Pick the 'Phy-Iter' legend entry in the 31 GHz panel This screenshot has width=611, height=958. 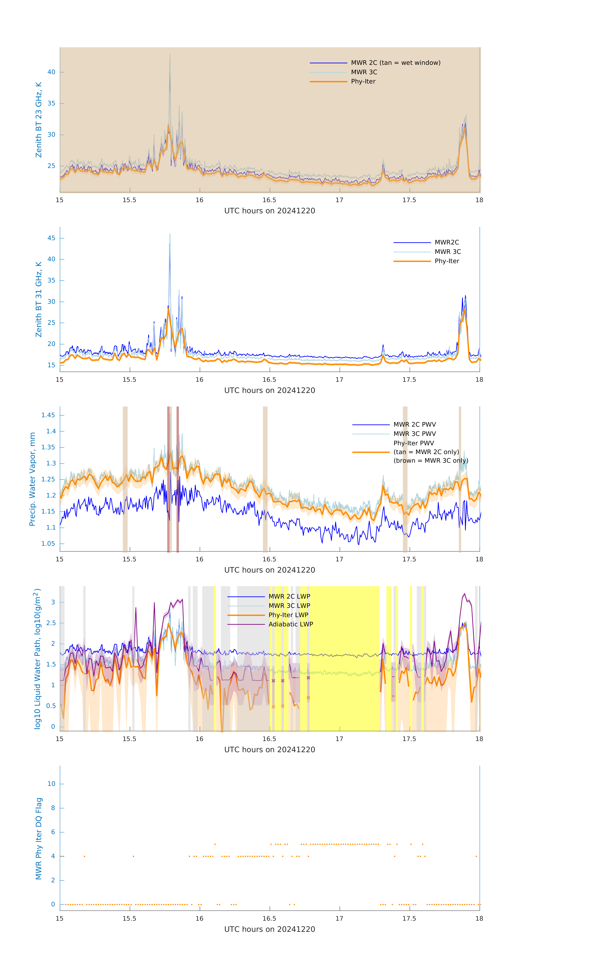(x=447, y=261)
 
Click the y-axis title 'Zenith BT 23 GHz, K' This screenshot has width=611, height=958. (x=39, y=120)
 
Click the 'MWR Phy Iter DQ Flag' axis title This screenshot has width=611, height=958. (x=39, y=838)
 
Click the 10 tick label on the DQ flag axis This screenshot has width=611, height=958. (x=51, y=784)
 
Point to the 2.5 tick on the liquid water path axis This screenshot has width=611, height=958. (x=51, y=623)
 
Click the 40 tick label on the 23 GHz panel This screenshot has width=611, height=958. (x=51, y=72)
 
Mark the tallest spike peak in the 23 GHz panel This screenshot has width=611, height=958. (x=170, y=54)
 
